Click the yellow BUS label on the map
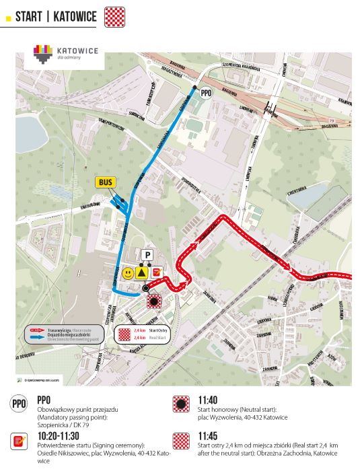(105, 182)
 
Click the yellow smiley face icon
(127, 273)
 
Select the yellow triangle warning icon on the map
(141, 273)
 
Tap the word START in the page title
(30, 15)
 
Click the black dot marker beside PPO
(195, 88)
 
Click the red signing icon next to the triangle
(156, 273)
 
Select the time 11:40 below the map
(207, 399)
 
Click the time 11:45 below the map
(207, 435)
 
